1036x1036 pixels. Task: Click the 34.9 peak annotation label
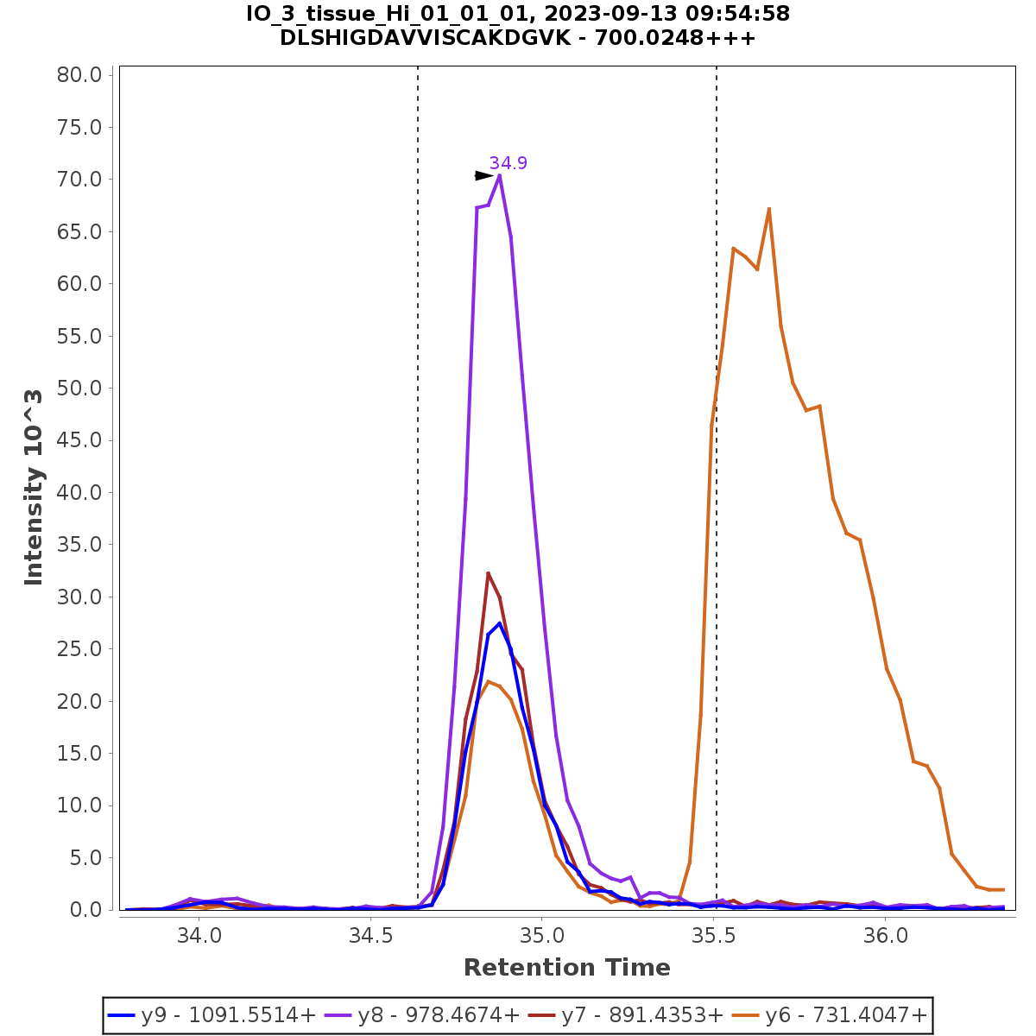tap(508, 163)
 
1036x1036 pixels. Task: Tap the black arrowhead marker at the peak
tap(483, 176)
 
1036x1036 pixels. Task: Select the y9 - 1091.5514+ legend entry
tap(212, 1015)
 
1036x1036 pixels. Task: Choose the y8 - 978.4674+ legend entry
tap(422, 1015)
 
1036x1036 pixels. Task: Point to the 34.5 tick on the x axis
tap(370, 937)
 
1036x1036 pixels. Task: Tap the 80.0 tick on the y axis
tap(80, 75)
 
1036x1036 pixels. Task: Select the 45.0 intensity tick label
tap(80, 440)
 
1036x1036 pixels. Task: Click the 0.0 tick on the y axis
tap(85, 910)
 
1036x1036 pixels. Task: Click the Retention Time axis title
tap(566, 968)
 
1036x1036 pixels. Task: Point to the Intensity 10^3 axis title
tap(34, 487)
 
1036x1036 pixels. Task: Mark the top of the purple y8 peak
tap(500, 176)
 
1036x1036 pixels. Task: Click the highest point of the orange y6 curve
tap(768, 208)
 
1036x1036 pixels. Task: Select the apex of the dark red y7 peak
tap(488, 572)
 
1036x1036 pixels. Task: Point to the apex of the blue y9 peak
tap(499, 623)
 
